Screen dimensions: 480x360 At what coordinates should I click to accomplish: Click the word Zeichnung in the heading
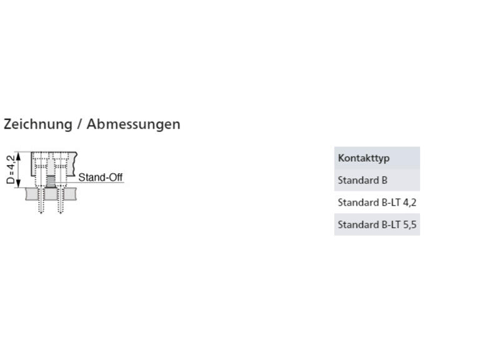[38, 124]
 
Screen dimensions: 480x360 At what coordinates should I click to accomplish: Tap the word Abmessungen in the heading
[134, 124]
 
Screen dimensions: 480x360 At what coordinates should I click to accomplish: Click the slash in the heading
[79, 124]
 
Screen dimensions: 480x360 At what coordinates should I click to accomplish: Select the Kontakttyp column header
[364, 158]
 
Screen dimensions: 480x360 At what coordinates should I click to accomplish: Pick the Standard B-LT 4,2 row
[377, 202]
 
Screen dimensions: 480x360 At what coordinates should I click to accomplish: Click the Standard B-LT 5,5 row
[377, 225]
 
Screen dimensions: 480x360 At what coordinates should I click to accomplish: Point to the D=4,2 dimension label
[11, 169]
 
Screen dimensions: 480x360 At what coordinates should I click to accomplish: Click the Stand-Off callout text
[101, 177]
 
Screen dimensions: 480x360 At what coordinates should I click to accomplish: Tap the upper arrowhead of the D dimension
[18, 156]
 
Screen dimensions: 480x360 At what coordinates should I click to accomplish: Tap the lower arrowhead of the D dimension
[18, 183]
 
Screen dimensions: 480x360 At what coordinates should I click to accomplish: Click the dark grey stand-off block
[51, 181]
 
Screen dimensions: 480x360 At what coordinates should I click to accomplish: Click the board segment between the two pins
[51, 194]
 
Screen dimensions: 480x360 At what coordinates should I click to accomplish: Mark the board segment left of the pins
[31, 194]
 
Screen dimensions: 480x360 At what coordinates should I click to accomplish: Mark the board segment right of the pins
[70, 194]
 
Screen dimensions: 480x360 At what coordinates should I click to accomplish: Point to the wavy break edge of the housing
[75, 164]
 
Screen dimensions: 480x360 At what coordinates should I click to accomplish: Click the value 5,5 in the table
[409, 225]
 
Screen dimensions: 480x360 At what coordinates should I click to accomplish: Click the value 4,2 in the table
[409, 202]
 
